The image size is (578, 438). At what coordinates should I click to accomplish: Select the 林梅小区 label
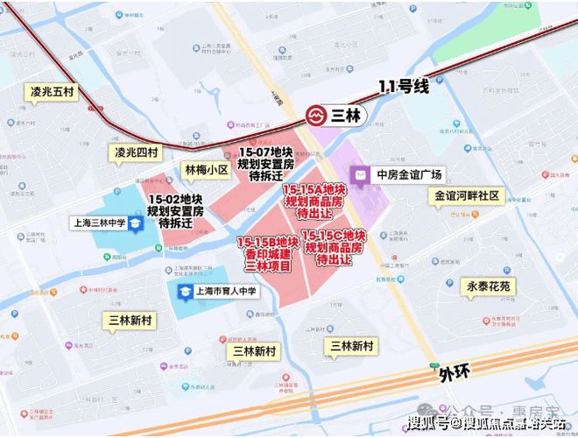point(206,170)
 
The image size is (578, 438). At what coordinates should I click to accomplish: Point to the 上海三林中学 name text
point(99,223)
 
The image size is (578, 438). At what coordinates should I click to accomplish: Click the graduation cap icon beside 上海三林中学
point(137,223)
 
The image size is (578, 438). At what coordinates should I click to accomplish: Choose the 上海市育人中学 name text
point(225,292)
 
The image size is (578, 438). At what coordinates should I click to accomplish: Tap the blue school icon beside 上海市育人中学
point(185,292)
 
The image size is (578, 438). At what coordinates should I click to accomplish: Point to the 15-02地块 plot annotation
point(176,211)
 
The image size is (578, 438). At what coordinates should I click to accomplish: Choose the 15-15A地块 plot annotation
point(314,201)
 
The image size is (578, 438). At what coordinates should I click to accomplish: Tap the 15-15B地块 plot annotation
point(268,254)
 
